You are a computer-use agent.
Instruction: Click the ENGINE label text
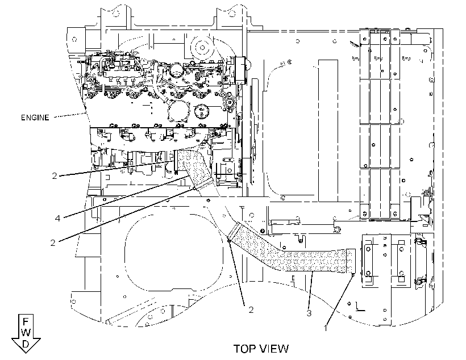click(35, 118)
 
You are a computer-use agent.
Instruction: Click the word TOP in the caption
click(244, 349)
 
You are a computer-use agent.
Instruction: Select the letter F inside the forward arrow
click(26, 321)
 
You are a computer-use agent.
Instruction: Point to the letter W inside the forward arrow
click(26, 332)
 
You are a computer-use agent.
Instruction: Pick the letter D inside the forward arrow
click(26, 344)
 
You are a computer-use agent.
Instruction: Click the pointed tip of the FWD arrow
click(26, 353)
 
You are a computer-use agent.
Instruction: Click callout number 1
click(326, 328)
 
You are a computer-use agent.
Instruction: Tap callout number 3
click(309, 313)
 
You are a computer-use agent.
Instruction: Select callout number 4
click(57, 218)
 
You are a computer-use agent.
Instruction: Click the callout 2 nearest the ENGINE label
click(55, 176)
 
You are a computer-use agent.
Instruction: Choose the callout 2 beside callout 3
click(251, 310)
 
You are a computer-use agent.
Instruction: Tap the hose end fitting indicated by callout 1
click(351, 261)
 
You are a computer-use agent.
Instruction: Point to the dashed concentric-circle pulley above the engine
click(202, 48)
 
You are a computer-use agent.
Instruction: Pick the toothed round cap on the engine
click(202, 111)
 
